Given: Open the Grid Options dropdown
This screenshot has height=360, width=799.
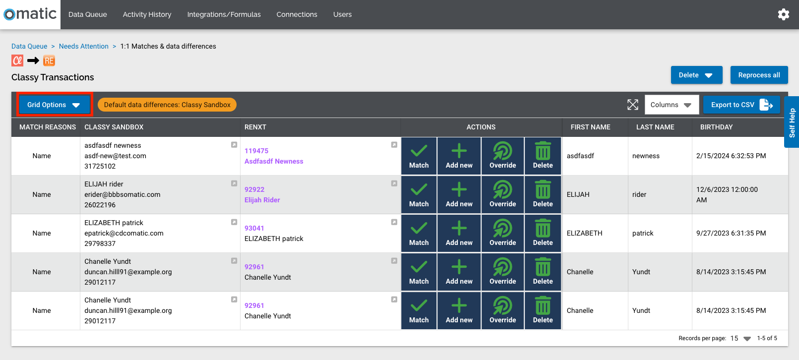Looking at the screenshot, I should click(x=54, y=105).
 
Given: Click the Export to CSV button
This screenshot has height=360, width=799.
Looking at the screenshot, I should click(x=741, y=105).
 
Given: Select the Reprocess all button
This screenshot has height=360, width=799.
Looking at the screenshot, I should click(x=759, y=75).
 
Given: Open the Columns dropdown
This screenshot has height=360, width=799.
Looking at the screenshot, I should click(x=671, y=105).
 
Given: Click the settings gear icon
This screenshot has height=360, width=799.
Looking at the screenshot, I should click(x=783, y=14).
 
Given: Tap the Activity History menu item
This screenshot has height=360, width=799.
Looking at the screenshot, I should click(x=147, y=14).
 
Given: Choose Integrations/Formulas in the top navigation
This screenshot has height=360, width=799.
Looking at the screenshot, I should click(x=224, y=14).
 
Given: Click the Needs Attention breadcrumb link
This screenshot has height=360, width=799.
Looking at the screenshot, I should click(x=84, y=46).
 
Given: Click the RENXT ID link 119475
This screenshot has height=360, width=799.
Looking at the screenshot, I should click(x=256, y=151).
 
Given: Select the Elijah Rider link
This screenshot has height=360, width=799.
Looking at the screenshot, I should click(x=262, y=200).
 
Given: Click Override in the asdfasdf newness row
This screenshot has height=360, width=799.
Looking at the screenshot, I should click(x=502, y=156).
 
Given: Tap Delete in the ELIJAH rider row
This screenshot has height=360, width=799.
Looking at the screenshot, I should click(x=543, y=194).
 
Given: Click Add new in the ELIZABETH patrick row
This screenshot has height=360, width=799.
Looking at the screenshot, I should click(x=459, y=233).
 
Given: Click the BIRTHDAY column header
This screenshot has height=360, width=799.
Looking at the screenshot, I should click(x=716, y=127).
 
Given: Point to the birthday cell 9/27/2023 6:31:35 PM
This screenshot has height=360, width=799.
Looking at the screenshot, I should click(x=731, y=233).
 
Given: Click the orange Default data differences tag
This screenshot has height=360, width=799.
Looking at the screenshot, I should click(x=167, y=105).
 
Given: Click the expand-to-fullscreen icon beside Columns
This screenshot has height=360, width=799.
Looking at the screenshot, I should click(x=632, y=105).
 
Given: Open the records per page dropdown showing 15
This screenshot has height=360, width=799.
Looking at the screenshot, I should click(x=740, y=338).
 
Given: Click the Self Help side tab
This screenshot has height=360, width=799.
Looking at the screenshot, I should click(x=792, y=122).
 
